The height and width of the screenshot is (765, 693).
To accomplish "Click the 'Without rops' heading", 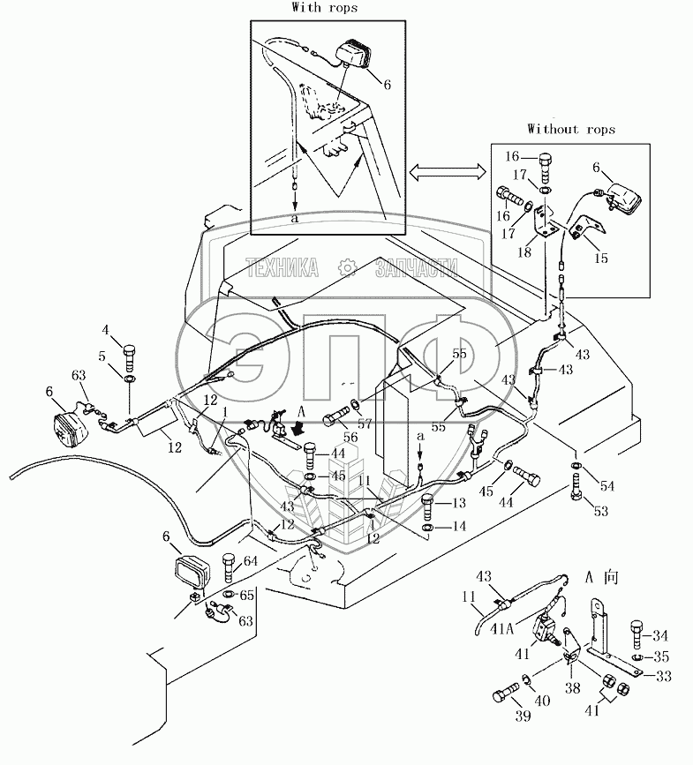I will coord(571,129).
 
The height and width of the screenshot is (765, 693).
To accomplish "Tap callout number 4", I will coord(106,331).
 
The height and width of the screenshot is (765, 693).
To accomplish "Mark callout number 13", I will coord(458,503).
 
